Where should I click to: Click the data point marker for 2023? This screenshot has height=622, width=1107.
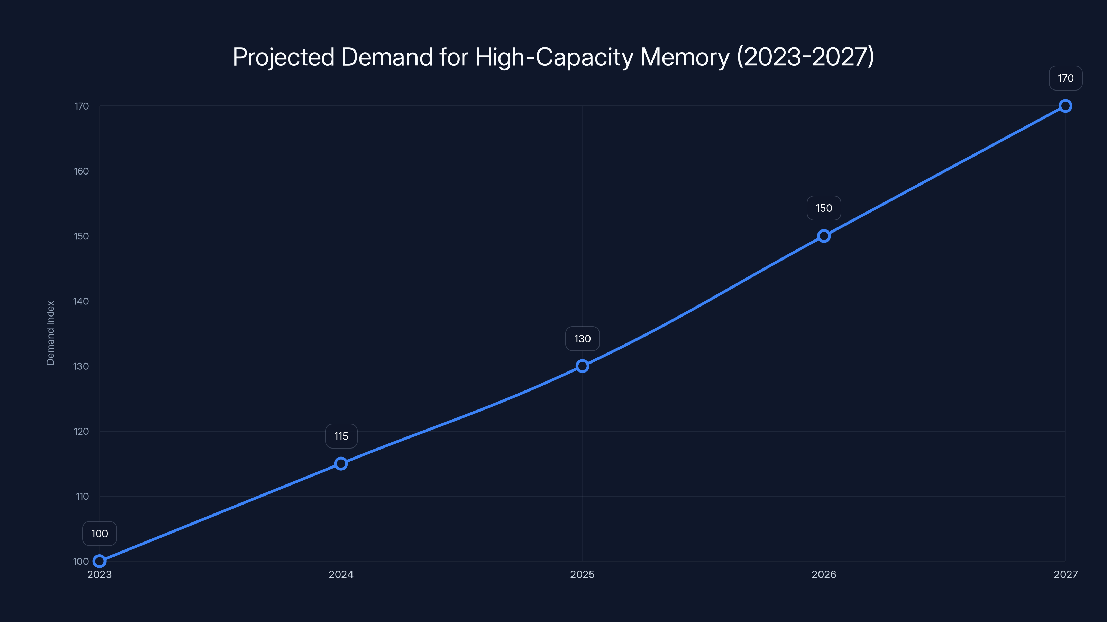pos(99,561)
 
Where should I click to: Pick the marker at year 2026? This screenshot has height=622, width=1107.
pos(824,236)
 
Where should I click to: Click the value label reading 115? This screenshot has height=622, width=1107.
pos(341,436)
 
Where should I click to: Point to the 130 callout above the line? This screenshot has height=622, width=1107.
pos(582,339)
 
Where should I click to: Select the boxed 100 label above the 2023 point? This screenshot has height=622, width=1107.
pos(99,534)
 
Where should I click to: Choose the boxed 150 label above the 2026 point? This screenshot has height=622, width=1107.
pos(824,208)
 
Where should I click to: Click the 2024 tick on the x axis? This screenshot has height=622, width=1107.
pos(341,574)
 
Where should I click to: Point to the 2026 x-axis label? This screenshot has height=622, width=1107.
pos(824,574)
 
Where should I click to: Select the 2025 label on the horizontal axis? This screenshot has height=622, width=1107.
pos(582,574)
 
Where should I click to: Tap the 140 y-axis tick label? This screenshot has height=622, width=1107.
pos(81,301)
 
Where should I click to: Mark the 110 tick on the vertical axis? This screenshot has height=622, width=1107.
pos(82,496)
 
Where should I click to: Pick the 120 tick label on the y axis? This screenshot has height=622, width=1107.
pos(81,431)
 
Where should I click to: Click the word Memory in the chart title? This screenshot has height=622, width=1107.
pos(685,57)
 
